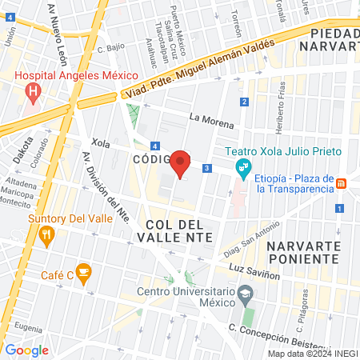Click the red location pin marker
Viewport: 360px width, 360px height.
(181, 164)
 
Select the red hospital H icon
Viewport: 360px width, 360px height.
(34, 92)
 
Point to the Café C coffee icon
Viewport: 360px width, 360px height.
(82, 272)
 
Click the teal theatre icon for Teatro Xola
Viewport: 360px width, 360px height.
(241, 168)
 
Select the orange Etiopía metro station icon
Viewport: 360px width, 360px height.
(341, 182)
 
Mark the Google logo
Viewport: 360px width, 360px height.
(27, 350)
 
